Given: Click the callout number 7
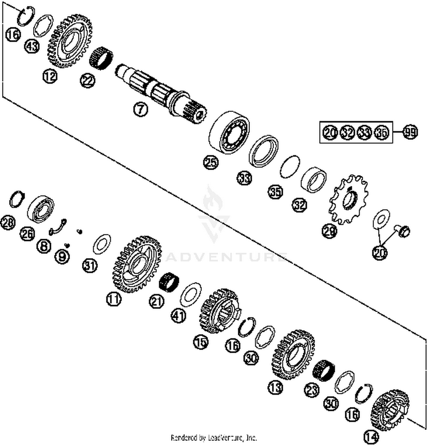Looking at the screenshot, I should point(140,109).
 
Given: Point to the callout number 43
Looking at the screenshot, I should point(32,46).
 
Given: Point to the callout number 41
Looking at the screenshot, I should point(179,316).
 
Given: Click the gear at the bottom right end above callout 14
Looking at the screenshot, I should point(390,410).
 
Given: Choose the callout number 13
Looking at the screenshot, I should point(275,387).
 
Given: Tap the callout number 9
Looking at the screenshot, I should point(62,256).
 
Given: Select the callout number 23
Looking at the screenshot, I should point(311,390).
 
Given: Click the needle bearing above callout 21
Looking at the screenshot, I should point(169,281).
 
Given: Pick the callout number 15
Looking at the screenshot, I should point(201,341).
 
